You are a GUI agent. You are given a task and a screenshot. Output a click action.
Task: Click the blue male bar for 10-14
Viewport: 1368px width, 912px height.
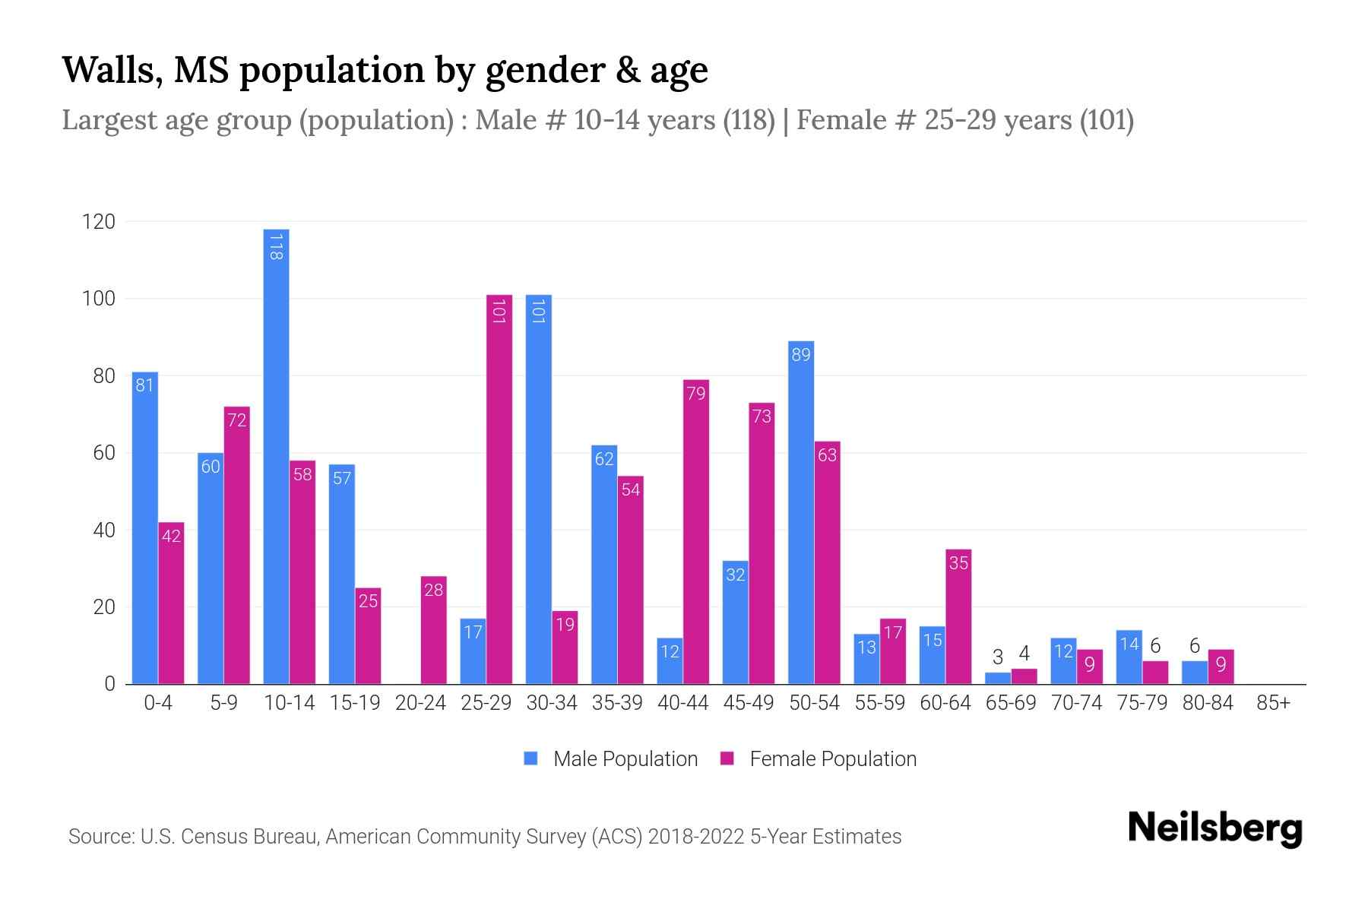(x=276, y=456)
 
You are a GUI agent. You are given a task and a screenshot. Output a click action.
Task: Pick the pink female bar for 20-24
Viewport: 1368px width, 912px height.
(x=433, y=630)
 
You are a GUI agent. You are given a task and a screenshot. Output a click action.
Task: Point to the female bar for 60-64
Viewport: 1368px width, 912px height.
(x=958, y=616)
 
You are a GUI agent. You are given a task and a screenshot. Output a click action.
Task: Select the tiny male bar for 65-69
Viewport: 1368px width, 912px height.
(x=998, y=678)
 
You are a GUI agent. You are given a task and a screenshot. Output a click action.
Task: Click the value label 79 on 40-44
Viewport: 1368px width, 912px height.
(x=695, y=393)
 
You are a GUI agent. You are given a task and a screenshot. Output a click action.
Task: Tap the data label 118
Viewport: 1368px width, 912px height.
(x=276, y=247)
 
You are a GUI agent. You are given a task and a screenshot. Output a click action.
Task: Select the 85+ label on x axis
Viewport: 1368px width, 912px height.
(x=1273, y=703)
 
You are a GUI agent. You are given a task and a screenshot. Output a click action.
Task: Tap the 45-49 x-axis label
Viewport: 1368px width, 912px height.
(x=749, y=703)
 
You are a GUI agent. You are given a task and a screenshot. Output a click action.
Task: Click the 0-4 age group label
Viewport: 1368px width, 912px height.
(x=158, y=703)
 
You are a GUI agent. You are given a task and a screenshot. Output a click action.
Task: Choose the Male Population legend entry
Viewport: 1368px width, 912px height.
(x=625, y=758)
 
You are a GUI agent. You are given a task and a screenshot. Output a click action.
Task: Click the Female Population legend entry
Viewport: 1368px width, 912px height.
(x=832, y=758)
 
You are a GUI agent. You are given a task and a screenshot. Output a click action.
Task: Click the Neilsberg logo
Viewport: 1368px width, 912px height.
(x=1214, y=828)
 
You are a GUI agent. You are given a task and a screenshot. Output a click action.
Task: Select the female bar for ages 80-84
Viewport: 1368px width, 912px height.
(x=1221, y=667)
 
